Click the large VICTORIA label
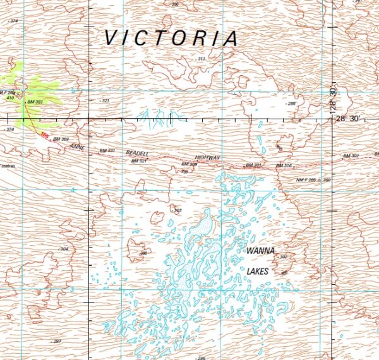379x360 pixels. pyautogui.click(x=171, y=38)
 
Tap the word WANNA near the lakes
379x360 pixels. pyautogui.click(x=260, y=251)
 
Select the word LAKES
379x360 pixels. pyautogui.click(x=258, y=272)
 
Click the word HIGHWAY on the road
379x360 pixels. pyautogui.click(x=207, y=157)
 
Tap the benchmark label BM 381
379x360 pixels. pyautogui.click(x=35, y=102)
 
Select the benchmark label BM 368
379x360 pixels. pyautogui.click(x=60, y=139)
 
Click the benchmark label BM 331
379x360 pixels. pyautogui.click(x=107, y=151)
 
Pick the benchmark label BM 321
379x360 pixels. pyautogui.click(x=138, y=161)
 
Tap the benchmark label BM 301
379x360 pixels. pyautogui.click(x=253, y=165)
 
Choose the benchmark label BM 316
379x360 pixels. pyautogui.click(x=284, y=165)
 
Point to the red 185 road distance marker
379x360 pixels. pyautogui.click(x=44, y=135)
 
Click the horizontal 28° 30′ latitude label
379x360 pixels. pyautogui.click(x=348, y=118)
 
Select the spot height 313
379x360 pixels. pyautogui.click(x=201, y=59)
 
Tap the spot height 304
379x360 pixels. pyautogui.click(x=64, y=249)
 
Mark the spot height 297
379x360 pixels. pyautogui.click(x=57, y=341)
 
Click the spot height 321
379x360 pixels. pyautogui.click(x=105, y=100)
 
